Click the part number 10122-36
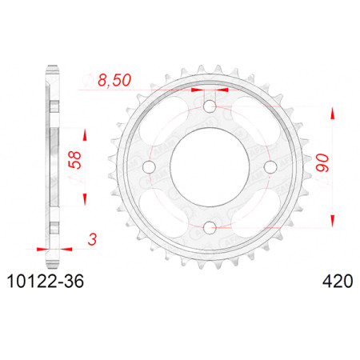(46, 282)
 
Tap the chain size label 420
(338, 282)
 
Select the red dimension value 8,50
(114, 80)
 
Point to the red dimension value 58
(75, 160)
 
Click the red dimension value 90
(322, 162)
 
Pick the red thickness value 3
(92, 239)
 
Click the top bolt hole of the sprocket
(210, 106)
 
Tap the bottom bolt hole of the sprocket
(210, 227)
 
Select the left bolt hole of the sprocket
(149, 167)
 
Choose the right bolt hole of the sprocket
(270, 167)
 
